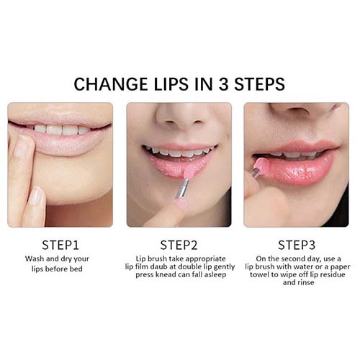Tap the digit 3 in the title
(x=223, y=84)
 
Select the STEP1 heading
(x=60, y=245)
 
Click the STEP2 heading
(x=179, y=245)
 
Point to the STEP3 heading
(x=297, y=245)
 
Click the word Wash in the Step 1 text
(x=35, y=258)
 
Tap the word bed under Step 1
(x=76, y=269)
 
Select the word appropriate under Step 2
(x=205, y=259)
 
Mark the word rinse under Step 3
(x=305, y=282)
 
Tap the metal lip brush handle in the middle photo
(x=182, y=189)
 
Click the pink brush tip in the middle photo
(x=187, y=173)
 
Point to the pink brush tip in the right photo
(x=261, y=164)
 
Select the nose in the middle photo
(x=179, y=117)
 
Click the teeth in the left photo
(x=62, y=130)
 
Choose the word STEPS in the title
(x=259, y=84)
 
